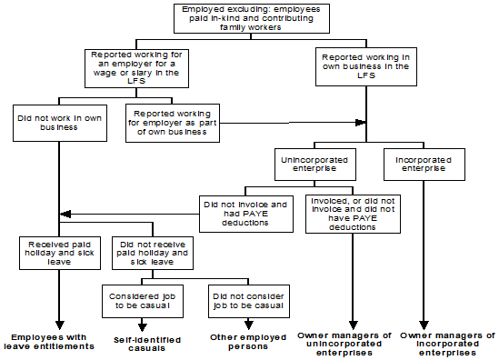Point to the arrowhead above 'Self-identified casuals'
(144, 325)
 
